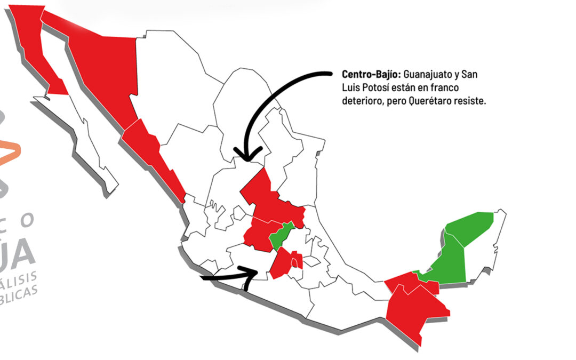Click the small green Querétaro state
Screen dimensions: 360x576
pyautogui.click(x=281, y=235)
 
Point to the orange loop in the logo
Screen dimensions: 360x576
pyautogui.click(x=11, y=151)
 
